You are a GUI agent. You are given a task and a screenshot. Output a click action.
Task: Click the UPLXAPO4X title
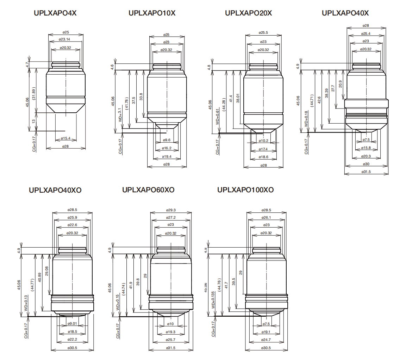pos(55,13)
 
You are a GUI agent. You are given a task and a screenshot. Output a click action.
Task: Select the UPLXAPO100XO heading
pos(245,190)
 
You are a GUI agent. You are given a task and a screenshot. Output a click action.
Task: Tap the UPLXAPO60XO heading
pos(148,190)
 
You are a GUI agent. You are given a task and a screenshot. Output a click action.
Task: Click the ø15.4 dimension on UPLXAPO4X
pos(65,138)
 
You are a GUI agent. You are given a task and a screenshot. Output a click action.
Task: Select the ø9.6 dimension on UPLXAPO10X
pos(167,140)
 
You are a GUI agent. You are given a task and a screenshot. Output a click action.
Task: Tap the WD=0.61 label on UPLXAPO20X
pos(217,117)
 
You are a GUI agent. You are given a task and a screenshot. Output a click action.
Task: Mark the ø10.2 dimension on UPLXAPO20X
pos(263,141)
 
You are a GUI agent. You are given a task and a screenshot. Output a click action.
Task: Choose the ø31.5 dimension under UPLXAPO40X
pos(367,172)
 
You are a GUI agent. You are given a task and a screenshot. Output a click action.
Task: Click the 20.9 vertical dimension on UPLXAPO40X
pos(340,84)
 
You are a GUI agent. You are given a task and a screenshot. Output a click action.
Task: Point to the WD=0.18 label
pos(306,119)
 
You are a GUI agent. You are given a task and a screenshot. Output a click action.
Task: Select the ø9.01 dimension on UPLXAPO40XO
pos(72,323)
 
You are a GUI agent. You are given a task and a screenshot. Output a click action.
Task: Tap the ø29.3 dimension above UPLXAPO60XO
pos(171,210)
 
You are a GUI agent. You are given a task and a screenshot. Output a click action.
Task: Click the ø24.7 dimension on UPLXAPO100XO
pos(267,340)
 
